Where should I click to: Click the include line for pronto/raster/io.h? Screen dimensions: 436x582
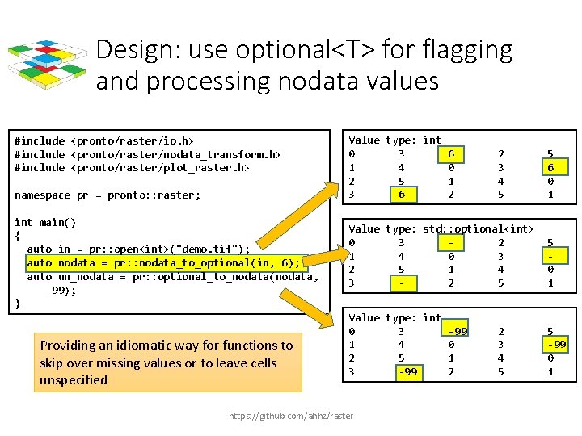(x=104, y=140)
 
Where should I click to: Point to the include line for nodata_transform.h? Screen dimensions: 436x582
(x=148, y=154)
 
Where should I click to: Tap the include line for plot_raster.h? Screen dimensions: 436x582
(x=132, y=167)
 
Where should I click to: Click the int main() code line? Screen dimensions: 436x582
(x=45, y=222)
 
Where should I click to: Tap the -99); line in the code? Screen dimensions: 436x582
(x=61, y=289)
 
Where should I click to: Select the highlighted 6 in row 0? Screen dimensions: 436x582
(x=451, y=153)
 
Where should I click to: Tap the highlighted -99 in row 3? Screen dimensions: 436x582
(x=407, y=371)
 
